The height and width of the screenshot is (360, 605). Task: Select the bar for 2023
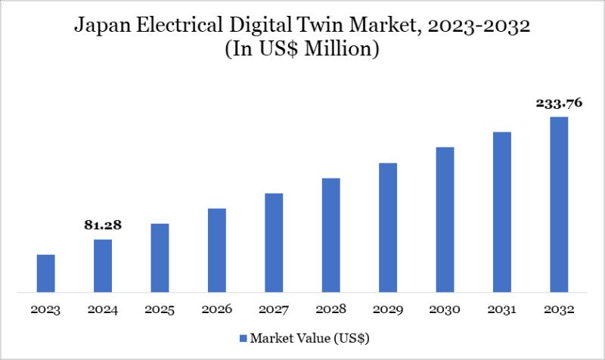(45, 273)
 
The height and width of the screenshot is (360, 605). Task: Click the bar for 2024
(103, 265)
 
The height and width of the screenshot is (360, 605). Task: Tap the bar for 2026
(217, 250)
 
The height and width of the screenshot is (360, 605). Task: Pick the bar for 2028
(330, 234)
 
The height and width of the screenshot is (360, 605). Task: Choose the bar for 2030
(445, 219)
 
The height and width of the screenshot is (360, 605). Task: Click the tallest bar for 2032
(559, 204)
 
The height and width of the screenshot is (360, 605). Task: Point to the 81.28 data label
(103, 225)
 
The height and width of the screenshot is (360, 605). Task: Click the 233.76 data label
(558, 104)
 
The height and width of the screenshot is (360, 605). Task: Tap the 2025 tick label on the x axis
(160, 309)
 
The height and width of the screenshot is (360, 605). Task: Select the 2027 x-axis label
(274, 309)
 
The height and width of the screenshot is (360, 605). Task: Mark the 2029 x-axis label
(388, 309)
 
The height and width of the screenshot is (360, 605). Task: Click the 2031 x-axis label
(502, 309)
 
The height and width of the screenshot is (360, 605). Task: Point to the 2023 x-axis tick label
(45, 309)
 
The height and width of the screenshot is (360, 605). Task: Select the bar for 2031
(502, 212)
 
